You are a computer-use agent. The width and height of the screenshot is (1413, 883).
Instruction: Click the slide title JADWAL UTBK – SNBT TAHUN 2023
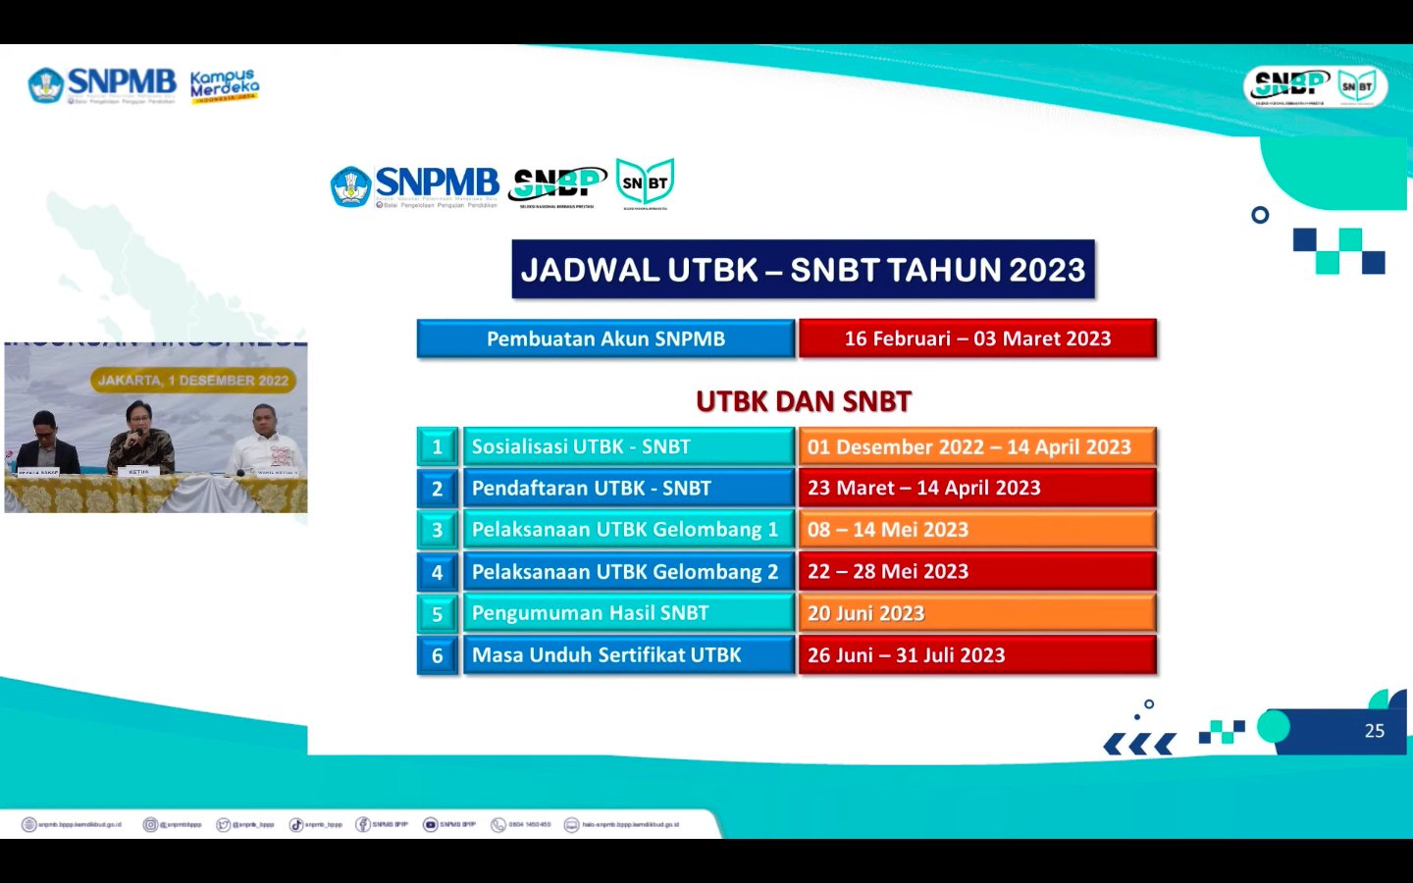pos(803,270)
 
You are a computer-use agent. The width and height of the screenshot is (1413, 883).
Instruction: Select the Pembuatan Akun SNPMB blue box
pos(605,338)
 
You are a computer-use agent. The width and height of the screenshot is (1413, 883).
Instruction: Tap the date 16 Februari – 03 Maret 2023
pos(977,338)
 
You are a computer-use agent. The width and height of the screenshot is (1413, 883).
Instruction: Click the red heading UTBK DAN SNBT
pos(803,401)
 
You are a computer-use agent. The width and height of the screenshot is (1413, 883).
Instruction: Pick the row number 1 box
pos(438,446)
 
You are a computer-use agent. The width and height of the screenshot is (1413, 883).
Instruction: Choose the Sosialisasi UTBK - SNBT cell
pos(628,446)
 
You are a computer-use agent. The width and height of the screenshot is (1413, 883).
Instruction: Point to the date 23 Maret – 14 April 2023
pos(977,488)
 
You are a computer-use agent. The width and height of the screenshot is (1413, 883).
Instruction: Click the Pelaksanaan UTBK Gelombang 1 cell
pos(628,530)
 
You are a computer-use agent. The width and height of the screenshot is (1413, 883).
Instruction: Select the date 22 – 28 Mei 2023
pos(977,571)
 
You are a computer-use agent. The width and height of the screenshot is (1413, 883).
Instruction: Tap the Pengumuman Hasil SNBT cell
pos(628,613)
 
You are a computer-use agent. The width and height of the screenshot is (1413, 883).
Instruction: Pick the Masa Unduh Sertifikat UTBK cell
pos(628,654)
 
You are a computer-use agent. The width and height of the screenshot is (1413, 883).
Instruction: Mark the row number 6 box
pos(438,655)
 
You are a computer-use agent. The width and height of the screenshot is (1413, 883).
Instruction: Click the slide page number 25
pos(1374,731)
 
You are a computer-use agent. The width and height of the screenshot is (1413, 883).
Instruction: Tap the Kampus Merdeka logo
pos(224,85)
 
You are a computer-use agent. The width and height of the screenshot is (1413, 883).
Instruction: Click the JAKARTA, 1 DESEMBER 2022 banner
pos(193,381)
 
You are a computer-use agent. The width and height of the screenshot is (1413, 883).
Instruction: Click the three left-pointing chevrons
pos(1139,745)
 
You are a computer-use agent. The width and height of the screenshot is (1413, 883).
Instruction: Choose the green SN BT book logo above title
pos(645,183)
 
